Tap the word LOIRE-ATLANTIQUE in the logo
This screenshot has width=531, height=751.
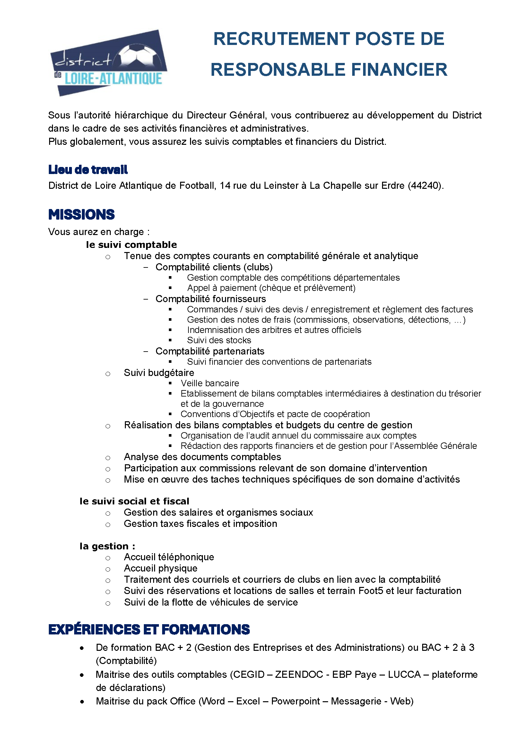pos(113,79)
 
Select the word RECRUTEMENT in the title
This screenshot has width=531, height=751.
pos(282,39)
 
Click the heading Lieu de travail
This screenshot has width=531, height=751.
pos(88,170)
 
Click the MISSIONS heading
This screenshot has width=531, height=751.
pos(82,214)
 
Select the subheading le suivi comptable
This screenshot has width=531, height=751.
pos(131,245)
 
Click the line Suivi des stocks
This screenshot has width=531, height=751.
pos(219,340)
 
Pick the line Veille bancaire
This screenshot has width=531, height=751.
pos(210,383)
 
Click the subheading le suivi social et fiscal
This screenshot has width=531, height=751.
pos(135,501)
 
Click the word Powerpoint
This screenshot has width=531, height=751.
pos(296,701)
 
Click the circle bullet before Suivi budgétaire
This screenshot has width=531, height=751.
pos(108,374)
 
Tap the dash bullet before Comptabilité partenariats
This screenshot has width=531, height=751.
pos(146,351)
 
